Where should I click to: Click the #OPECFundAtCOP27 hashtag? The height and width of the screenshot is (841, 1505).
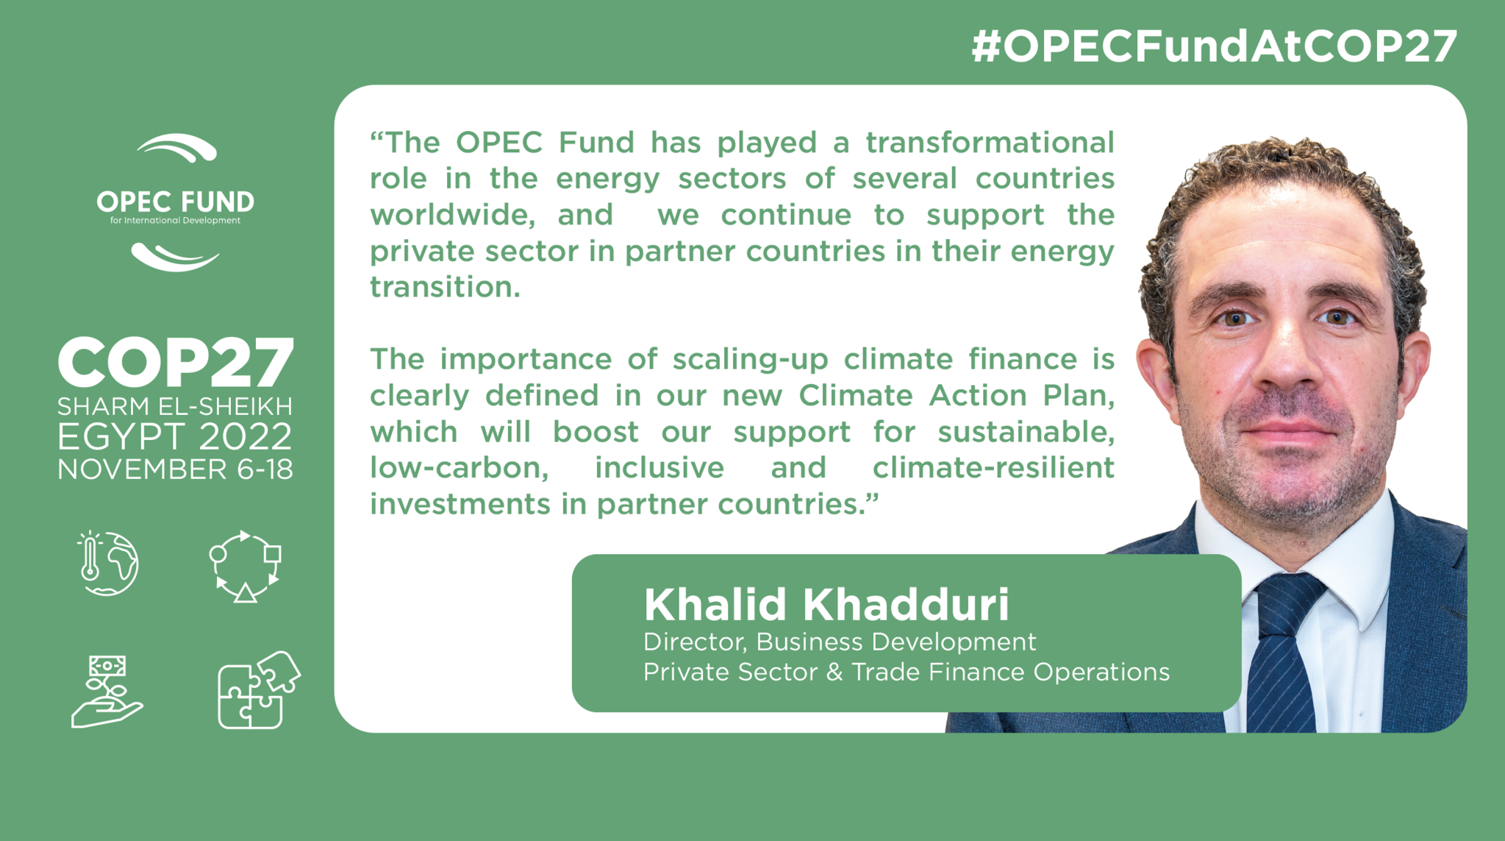1214,46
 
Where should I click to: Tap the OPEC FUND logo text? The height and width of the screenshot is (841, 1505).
175,202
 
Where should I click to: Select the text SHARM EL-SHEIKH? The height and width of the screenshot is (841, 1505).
175,406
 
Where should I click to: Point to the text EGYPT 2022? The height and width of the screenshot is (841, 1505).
175,437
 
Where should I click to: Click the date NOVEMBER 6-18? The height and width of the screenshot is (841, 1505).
175,469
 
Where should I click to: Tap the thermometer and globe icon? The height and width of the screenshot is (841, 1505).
107,564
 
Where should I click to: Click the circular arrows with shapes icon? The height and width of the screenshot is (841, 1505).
245,567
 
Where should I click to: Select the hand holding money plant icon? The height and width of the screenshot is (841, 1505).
107,692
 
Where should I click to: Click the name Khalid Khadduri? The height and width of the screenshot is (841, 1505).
826,605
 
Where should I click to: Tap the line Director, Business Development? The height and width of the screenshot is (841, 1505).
840,642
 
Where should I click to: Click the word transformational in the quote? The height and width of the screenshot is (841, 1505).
990,142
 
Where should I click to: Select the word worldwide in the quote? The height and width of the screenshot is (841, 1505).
452,215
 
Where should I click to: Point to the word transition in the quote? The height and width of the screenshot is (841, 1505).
445,287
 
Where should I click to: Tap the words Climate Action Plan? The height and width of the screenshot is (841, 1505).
957,396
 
